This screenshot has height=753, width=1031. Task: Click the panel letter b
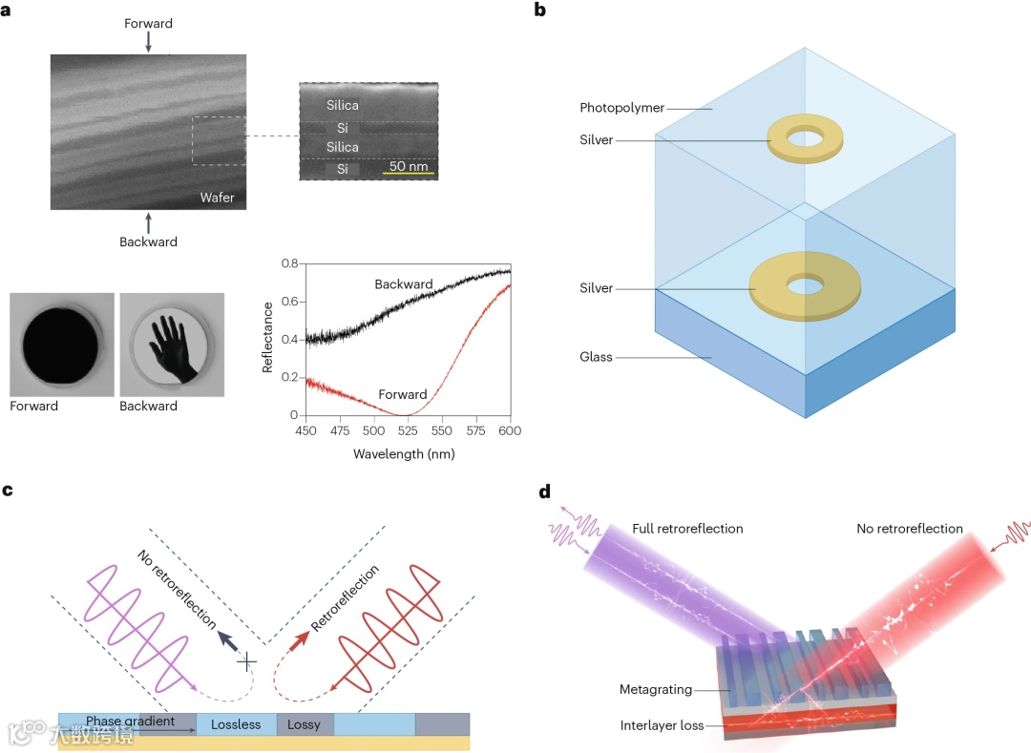540,11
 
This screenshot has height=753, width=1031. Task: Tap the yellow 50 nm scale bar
411,174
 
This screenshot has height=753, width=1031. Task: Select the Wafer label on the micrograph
216,198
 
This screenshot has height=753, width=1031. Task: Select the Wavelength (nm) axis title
404,453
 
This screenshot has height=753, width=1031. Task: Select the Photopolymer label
621,108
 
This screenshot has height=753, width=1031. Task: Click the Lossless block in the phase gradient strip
236,724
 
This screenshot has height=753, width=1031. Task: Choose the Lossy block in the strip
305,724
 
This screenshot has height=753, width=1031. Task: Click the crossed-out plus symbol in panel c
248,660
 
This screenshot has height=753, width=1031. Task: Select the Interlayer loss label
662,725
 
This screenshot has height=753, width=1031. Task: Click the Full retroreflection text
687,529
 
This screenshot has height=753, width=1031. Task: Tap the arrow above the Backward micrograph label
148,221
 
